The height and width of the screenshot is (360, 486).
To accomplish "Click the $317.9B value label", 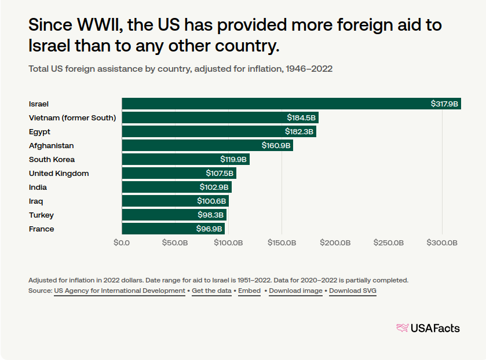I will (x=444, y=104).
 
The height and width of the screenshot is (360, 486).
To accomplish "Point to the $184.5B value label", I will (x=301, y=118).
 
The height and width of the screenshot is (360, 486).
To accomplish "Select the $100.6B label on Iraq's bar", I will (x=211, y=201).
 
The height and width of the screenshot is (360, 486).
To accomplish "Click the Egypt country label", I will (x=39, y=132).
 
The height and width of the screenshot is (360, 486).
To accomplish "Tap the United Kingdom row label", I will (x=59, y=174).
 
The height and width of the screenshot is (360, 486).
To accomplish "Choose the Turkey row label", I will (x=41, y=215).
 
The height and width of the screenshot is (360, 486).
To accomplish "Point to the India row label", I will (x=38, y=188).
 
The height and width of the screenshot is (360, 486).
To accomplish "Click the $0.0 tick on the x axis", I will (x=122, y=243).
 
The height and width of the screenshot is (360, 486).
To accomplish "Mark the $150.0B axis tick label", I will (x=282, y=243).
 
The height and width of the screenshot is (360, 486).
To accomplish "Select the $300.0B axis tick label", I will (x=443, y=243).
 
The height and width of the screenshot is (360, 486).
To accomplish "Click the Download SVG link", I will (x=353, y=291).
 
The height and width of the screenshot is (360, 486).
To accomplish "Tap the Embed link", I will (x=249, y=291).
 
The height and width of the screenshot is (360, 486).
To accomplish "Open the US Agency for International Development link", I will (x=119, y=291).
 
